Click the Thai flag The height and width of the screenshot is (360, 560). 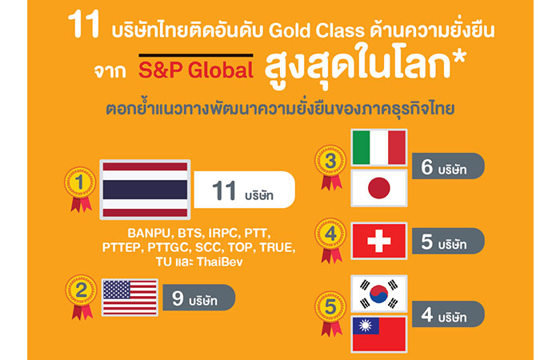145,190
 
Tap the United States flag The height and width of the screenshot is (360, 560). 130,298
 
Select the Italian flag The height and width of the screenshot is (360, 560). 379,147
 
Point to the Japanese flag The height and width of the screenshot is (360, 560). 379,188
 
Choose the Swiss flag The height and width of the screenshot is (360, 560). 379,241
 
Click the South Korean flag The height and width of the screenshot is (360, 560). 379,294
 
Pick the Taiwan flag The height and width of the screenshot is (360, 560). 379,334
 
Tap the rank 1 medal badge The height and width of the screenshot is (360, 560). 80,190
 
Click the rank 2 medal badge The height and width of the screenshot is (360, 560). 81,297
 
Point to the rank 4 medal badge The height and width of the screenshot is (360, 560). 330,241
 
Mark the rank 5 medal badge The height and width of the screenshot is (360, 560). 330,314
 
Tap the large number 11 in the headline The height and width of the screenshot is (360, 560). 83,24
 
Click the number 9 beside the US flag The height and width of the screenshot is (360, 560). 178,298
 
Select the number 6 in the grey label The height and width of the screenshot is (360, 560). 426,166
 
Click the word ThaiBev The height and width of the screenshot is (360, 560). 220,262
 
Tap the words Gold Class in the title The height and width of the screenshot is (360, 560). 317,30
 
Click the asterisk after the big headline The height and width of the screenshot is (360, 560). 458,58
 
